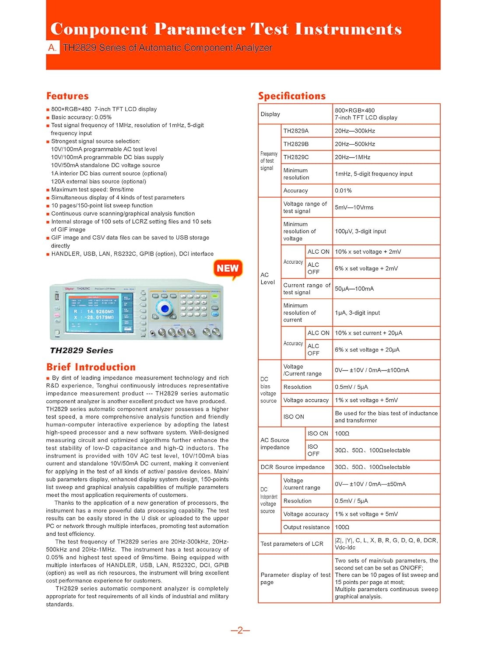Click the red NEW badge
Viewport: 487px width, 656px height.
228,269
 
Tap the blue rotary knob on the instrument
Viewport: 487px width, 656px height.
165,309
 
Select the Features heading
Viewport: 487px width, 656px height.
67,96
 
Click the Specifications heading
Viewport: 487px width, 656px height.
292,96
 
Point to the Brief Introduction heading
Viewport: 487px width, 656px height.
91,367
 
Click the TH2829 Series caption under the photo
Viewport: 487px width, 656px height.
81,350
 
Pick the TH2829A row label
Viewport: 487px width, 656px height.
296,131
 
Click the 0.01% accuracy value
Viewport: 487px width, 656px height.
343,191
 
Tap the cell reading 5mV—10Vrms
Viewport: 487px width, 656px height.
354,207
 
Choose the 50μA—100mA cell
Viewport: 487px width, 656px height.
354,289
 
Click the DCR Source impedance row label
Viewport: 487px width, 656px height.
292,467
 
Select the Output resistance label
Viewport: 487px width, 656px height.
306,527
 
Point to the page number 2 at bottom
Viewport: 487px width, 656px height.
240,630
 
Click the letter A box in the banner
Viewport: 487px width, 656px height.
53,48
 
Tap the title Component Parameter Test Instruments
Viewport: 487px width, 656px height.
226,29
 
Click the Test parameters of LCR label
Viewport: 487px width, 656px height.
292,544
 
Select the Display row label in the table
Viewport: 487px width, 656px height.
270,114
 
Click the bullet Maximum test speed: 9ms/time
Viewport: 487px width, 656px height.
92,189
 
